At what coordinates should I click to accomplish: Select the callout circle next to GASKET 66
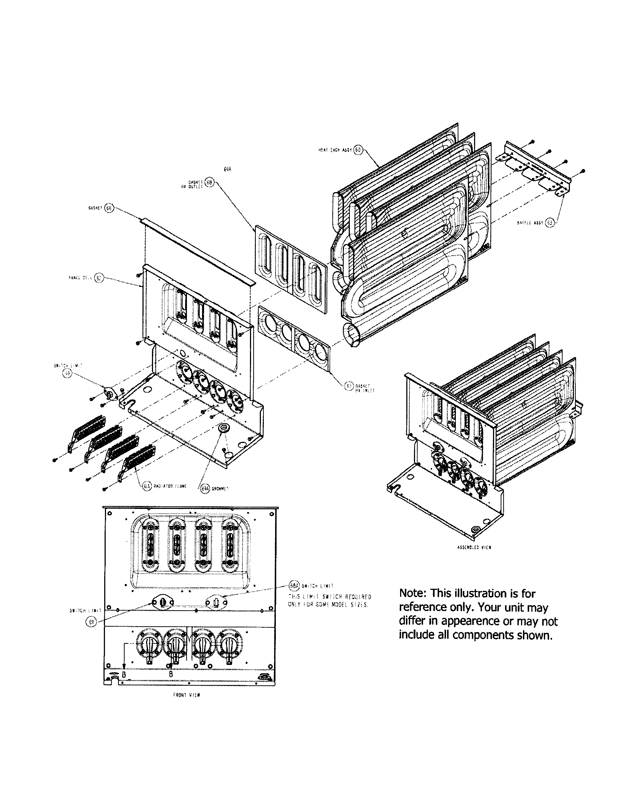(x=109, y=208)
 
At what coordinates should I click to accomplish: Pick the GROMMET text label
(x=220, y=489)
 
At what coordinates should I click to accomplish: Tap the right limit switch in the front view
(x=216, y=602)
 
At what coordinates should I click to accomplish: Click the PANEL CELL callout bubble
(x=98, y=278)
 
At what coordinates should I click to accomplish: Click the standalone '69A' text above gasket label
(x=227, y=169)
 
